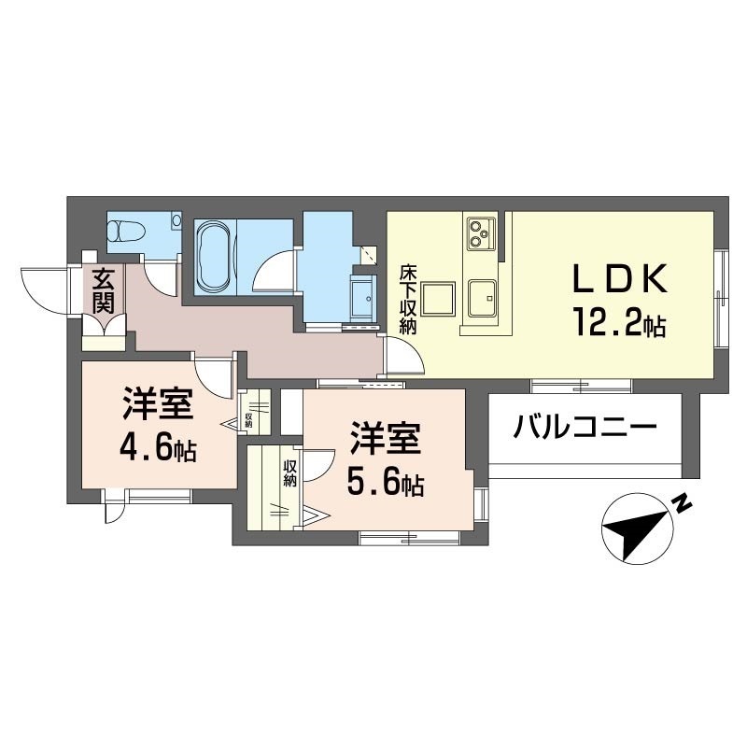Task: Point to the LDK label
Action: [619, 279]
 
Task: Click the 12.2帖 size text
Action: [619, 324]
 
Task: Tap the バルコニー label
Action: [585, 430]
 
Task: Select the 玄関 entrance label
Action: [103, 291]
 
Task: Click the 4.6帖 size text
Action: [158, 449]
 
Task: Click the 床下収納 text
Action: [408, 299]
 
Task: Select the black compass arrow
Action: [635, 529]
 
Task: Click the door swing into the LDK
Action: [404, 358]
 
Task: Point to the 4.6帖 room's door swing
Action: [216, 379]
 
